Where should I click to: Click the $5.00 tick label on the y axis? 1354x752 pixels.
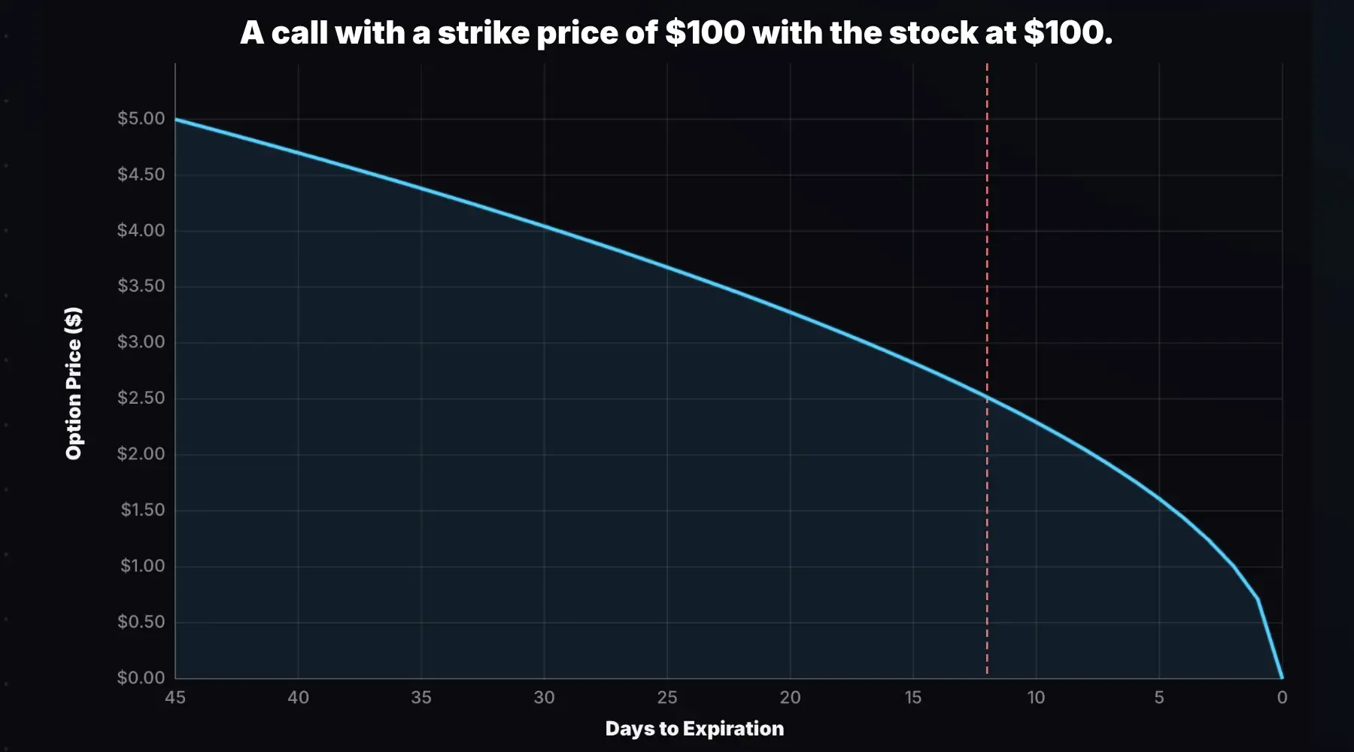pos(141,119)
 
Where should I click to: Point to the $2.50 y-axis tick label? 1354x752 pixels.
pos(141,398)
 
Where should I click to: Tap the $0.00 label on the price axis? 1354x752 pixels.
pos(141,678)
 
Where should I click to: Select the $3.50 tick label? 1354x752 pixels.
pos(141,287)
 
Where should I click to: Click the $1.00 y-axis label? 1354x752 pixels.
pos(142,566)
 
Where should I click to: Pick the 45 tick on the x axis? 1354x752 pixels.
pos(175,698)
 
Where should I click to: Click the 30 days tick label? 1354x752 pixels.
pos(544,698)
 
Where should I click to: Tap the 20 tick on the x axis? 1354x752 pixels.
pos(790,698)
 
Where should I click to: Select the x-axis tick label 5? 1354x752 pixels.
pos(1159,698)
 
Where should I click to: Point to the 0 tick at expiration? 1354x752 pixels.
pos(1282,698)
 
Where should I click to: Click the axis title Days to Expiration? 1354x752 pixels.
pos(694,729)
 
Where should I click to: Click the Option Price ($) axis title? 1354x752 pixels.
pos(74,383)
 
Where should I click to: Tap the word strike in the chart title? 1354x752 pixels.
pos(484,33)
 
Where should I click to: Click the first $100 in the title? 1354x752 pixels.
pos(705,33)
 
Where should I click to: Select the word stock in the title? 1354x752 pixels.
pos(934,33)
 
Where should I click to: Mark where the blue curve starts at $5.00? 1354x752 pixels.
pos(176,119)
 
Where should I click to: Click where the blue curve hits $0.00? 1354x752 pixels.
pos(1282,678)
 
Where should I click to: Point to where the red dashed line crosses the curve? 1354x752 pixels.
pos(987,397)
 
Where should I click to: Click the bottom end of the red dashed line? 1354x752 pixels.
pos(987,673)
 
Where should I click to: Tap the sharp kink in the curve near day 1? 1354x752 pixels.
pos(1258,599)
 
